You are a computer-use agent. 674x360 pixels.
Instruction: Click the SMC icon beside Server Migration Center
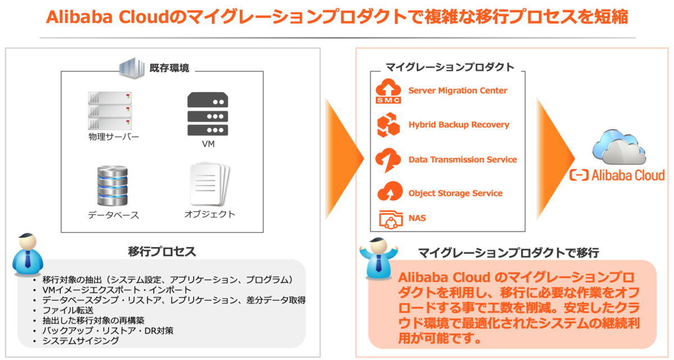[x=388, y=92]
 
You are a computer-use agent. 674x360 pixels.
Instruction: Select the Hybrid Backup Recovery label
[x=458, y=125]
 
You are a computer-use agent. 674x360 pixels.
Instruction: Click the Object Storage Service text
[x=455, y=193]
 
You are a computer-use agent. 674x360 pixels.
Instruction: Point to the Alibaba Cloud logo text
[x=617, y=175]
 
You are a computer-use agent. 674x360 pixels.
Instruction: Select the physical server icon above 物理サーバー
[x=110, y=110]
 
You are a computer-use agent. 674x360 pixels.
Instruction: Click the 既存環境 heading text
[x=169, y=69]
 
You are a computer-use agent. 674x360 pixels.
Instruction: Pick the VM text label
[x=208, y=144]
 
